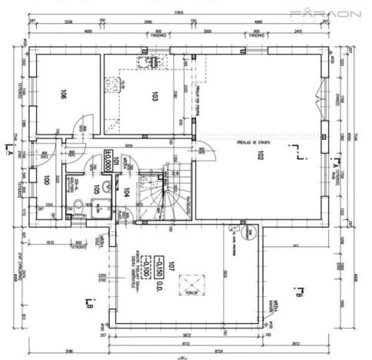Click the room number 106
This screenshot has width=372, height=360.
tap(65, 96)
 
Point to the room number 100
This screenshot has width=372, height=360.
tap(48, 181)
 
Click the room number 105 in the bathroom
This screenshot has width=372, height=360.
tap(97, 188)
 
